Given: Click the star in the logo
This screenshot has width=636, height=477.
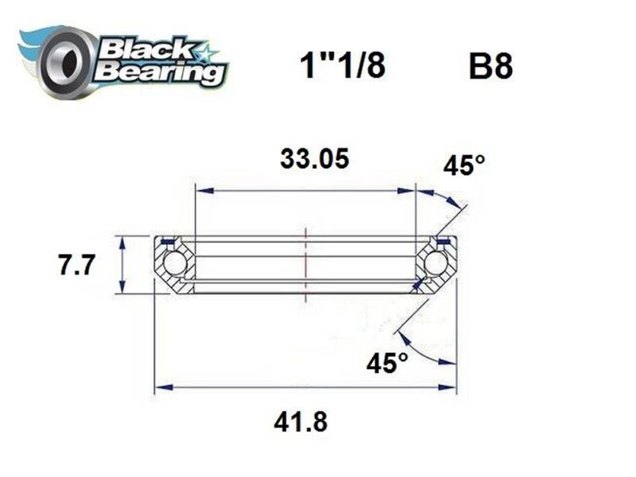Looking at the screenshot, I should point(208,55).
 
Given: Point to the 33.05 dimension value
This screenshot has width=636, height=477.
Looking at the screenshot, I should point(314,159).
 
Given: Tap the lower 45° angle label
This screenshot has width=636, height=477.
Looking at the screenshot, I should point(387,363).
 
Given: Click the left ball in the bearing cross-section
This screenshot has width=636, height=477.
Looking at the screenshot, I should point(174,264).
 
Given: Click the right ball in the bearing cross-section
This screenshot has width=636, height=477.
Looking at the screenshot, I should point(435,264).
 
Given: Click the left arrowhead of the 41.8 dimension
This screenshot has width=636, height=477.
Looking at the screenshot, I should point(160,388).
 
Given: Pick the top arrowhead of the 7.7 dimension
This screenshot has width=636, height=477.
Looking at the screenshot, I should point(122,240).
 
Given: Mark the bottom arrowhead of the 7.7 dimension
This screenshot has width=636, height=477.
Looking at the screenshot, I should point(122,289).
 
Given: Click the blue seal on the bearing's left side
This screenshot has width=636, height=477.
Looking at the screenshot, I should point(168,241).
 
